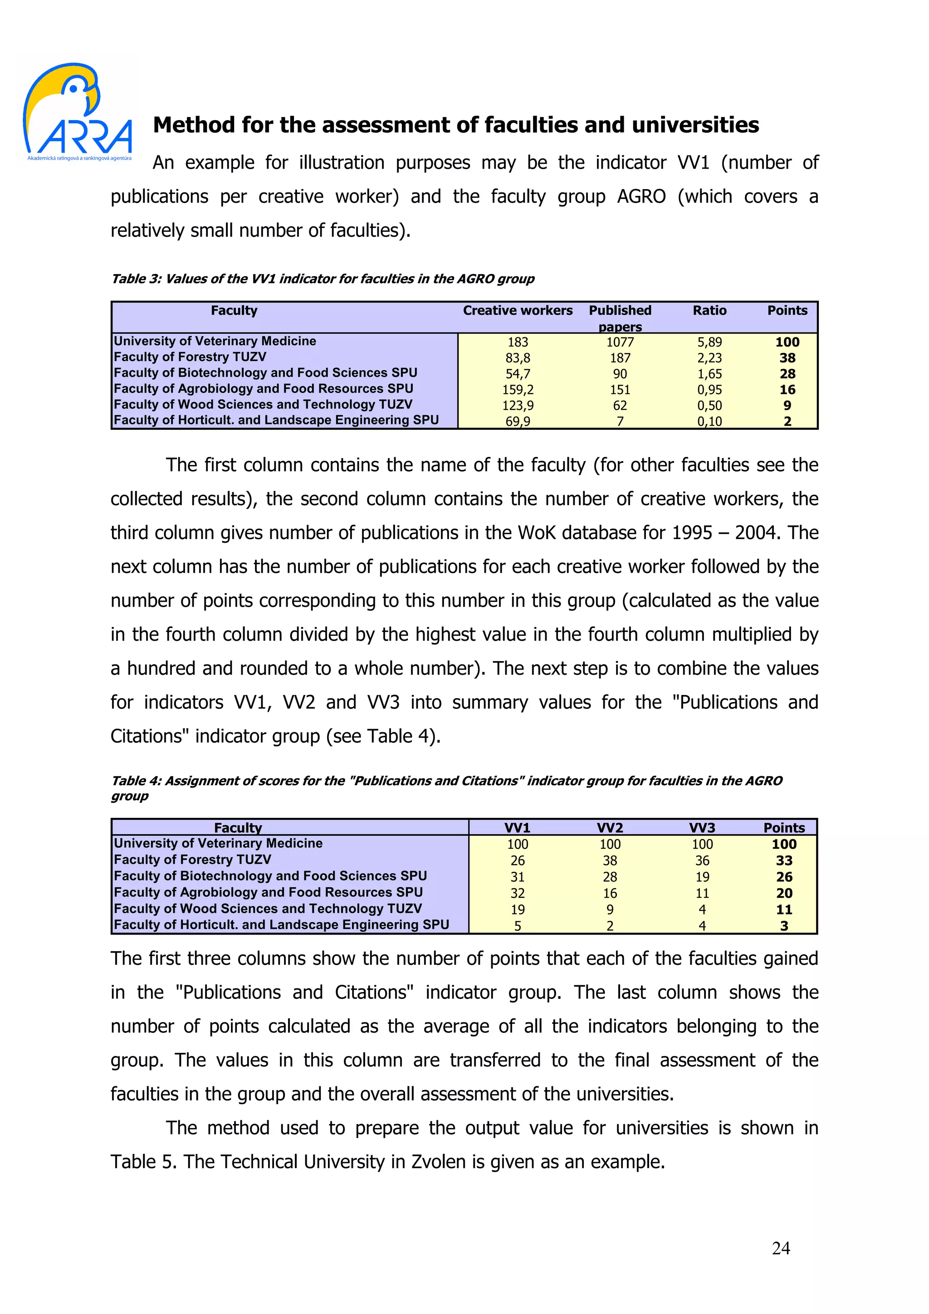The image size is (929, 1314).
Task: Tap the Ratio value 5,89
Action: [709, 342]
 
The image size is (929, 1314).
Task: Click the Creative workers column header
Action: [518, 311]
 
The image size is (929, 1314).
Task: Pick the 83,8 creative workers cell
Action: [518, 358]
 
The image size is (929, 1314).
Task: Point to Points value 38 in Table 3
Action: [787, 358]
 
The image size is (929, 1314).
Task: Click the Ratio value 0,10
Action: [709, 422]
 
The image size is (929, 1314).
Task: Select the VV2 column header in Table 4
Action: [610, 827]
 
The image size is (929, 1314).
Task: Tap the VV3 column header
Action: [702, 827]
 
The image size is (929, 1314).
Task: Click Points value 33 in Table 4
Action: [783, 861]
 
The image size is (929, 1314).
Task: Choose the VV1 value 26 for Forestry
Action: [518, 861]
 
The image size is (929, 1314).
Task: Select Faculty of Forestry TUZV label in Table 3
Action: [190, 357]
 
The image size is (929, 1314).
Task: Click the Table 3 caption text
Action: [322, 279]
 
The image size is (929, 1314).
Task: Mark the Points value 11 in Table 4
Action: [783, 910]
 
